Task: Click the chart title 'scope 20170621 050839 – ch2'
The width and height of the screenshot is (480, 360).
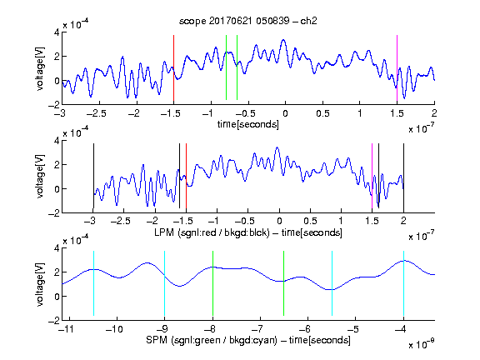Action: [x=248, y=21]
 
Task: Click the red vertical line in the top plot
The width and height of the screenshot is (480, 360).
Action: [x=173, y=68]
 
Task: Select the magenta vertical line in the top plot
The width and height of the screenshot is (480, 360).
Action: [x=397, y=68]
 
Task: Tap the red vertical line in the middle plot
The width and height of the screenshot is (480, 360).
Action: [x=186, y=176]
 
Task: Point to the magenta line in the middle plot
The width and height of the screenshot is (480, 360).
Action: [x=372, y=176]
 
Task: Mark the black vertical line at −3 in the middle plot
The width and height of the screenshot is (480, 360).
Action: [x=93, y=176]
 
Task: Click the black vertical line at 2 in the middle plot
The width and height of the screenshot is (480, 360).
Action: [x=403, y=176]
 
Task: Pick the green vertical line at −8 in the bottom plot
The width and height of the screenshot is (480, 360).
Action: [x=212, y=283]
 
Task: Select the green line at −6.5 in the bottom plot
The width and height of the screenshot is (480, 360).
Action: [x=284, y=283]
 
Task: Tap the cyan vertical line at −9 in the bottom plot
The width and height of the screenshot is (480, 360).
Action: [x=165, y=283]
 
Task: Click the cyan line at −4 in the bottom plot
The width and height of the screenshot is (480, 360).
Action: [x=403, y=283]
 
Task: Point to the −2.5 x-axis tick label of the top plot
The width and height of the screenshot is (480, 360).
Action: [x=96, y=113]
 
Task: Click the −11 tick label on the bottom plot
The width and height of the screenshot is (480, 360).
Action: [x=66, y=329]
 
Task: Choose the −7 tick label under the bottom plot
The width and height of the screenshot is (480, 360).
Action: [x=258, y=329]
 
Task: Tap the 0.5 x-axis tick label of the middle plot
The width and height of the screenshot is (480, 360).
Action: [x=310, y=221]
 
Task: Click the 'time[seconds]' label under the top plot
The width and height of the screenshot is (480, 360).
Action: [x=248, y=124]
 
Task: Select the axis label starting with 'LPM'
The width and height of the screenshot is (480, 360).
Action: [x=248, y=232]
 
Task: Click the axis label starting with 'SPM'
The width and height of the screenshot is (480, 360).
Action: [x=248, y=340]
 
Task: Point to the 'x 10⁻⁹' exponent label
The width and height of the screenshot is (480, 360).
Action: [x=422, y=343]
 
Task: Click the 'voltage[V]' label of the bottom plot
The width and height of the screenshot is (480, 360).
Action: [x=40, y=284]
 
